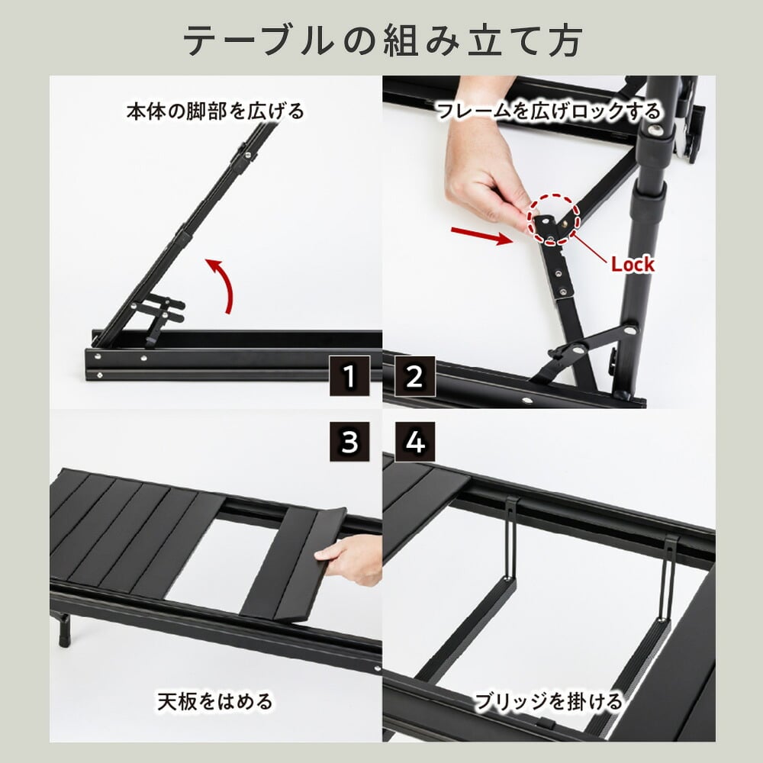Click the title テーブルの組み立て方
382,41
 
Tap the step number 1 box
349,376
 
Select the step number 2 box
414,376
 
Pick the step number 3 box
349,441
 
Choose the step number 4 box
414,441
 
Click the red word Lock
633,264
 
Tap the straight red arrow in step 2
481,236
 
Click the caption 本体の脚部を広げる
215,111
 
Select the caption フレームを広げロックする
549,111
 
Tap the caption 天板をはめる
215,701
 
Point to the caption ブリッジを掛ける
549,701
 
